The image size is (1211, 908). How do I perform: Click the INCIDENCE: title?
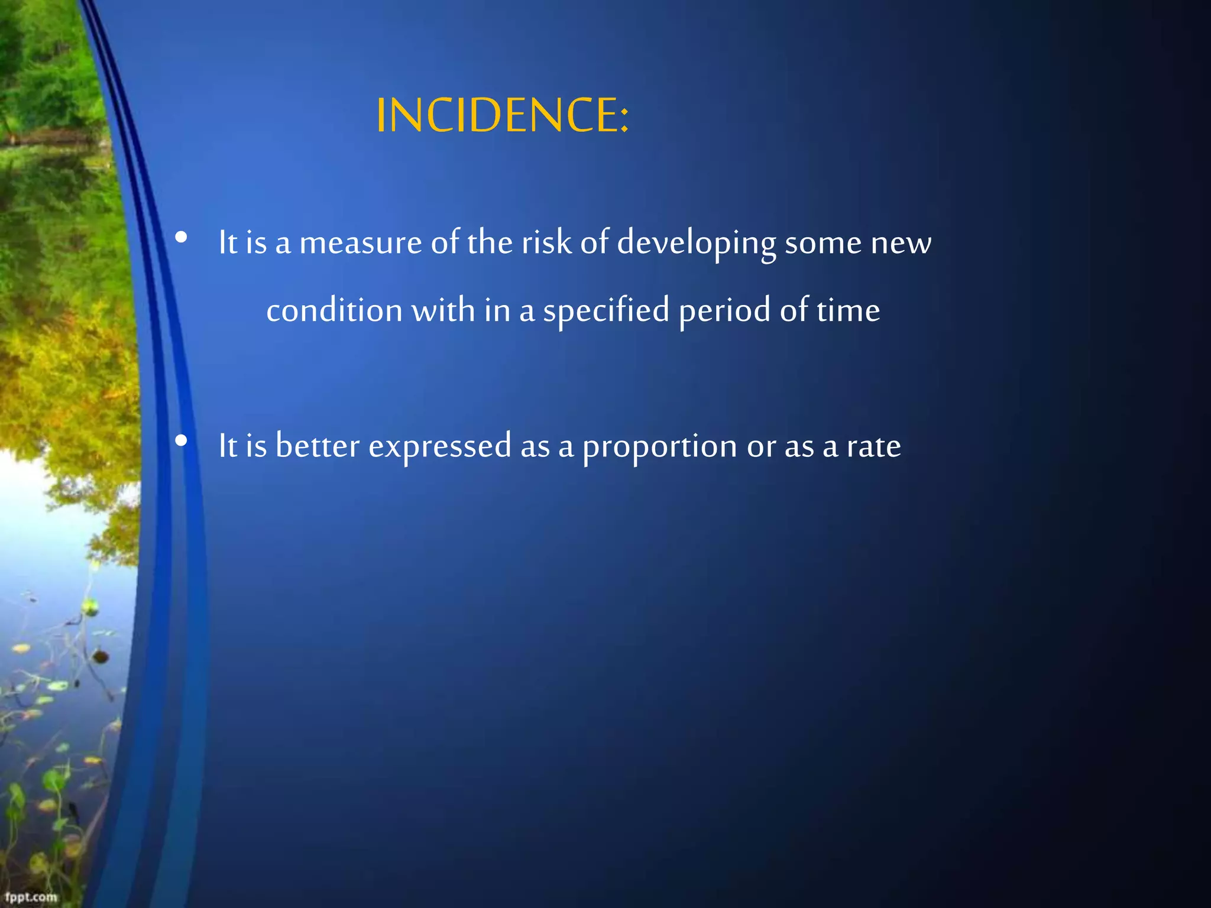click(x=502, y=115)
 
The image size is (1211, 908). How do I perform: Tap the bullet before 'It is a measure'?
click(x=182, y=238)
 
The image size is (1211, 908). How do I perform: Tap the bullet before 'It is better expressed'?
click(x=182, y=441)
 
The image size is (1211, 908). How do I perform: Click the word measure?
click(x=360, y=244)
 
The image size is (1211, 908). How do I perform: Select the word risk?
click(x=546, y=242)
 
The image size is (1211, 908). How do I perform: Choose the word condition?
click(x=334, y=311)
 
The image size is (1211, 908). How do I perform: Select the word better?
click(x=318, y=446)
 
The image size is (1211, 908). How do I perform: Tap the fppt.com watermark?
click(x=31, y=897)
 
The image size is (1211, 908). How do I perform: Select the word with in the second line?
click(x=443, y=311)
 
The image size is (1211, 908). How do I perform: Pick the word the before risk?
click(x=490, y=242)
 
